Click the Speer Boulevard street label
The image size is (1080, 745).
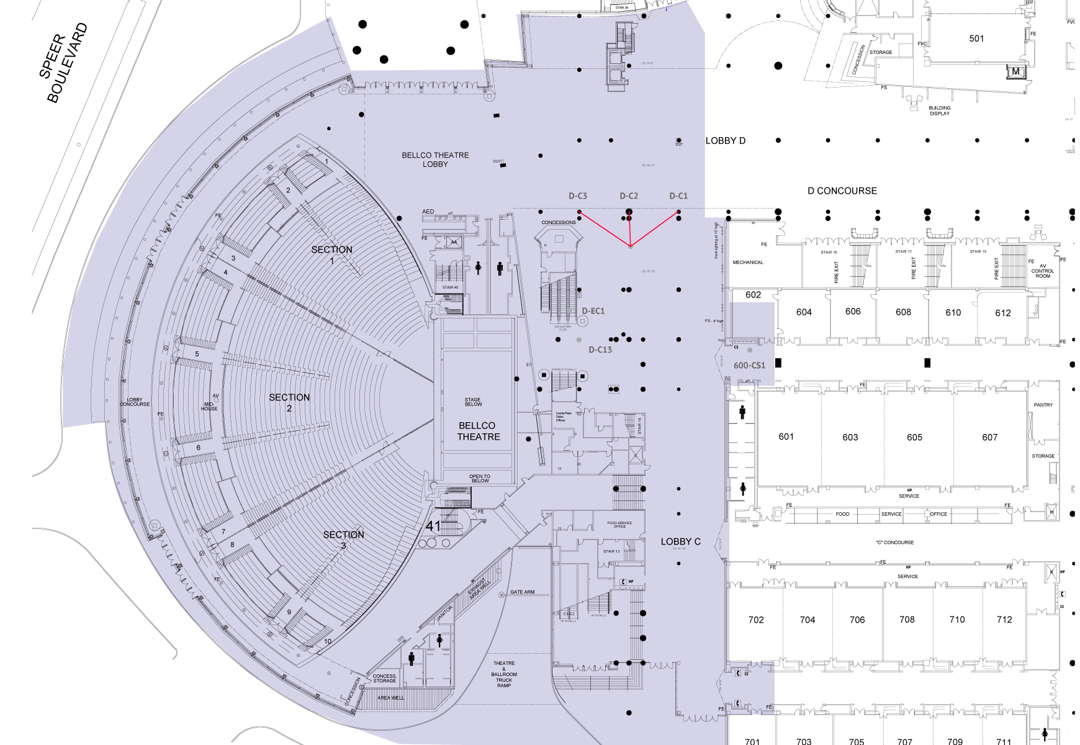(63, 63)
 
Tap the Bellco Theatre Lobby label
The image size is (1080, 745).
(435, 160)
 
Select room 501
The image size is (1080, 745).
(976, 38)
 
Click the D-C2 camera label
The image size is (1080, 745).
(628, 196)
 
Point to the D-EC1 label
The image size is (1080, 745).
(593, 311)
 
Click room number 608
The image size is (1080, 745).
(903, 312)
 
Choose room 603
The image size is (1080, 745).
(850, 437)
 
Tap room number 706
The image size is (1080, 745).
(857, 620)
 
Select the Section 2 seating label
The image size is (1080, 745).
(289, 402)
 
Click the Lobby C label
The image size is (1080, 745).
(680, 542)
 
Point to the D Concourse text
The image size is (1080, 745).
(842, 191)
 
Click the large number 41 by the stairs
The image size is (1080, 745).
(433, 526)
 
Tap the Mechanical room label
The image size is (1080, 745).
(748, 263)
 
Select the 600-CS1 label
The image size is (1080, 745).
(749, 366)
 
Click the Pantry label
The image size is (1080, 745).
(1043, 405)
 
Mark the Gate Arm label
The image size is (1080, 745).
(522, 592)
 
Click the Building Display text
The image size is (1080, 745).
(939, 111)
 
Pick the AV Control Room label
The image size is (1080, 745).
(1042, 271)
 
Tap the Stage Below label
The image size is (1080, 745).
(473, 402)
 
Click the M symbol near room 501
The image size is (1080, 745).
(1015, 71)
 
